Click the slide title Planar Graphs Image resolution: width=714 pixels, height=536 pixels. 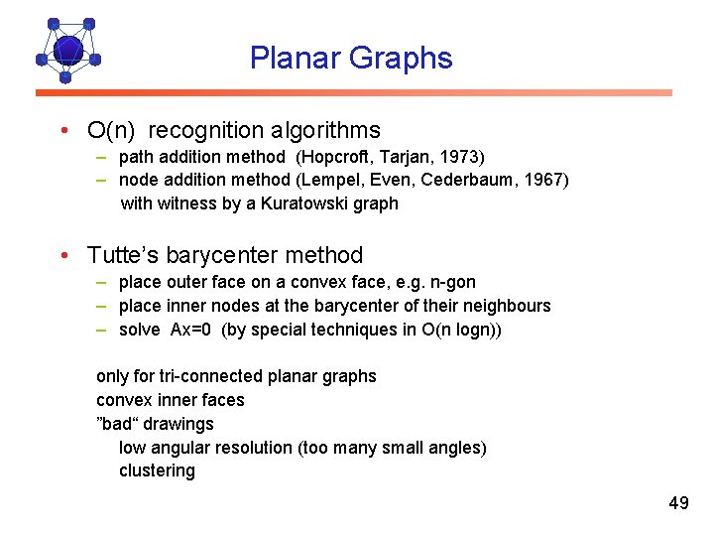pos(351,59)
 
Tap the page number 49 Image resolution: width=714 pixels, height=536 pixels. pos(678,503)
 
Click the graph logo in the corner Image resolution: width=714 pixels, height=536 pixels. pos(67,49)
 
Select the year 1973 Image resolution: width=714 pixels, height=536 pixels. pos(463,157)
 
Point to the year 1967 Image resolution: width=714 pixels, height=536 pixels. pos(545,180)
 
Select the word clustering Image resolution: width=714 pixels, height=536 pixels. pos(157,470)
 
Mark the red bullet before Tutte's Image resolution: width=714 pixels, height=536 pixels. pos(62,256)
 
